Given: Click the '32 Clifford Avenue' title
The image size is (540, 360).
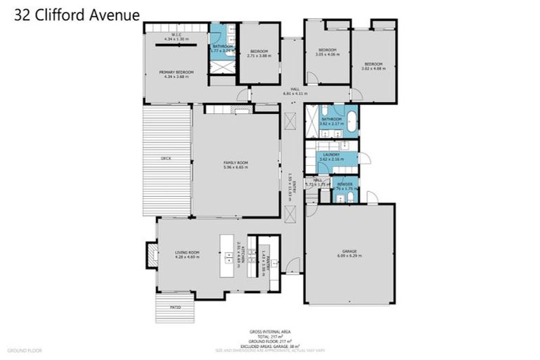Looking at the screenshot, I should (77, 15).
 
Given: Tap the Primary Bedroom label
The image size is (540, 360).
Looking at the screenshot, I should (176, 72).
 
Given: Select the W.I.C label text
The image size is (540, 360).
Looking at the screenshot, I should (176, 35).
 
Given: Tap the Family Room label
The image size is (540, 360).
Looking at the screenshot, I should (236, 162).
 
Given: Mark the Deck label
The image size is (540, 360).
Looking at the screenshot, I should (166, 158).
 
